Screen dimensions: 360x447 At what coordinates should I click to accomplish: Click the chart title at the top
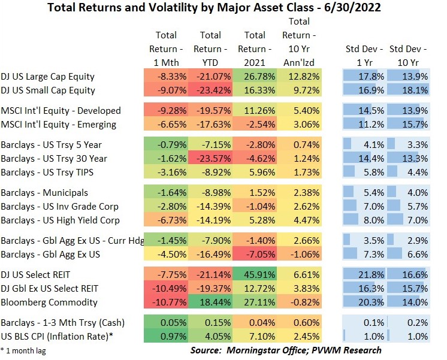pos(223,8)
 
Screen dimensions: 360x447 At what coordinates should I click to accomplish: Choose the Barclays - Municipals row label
pos(45,193)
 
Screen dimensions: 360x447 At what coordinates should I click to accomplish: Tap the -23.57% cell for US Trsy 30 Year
pos(210,159)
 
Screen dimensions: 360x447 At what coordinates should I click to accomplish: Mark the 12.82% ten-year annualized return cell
pos(300,77)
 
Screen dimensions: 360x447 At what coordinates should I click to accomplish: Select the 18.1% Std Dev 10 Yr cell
pos(408,90)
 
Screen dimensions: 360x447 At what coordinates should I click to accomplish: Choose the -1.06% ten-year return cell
pos(300,253)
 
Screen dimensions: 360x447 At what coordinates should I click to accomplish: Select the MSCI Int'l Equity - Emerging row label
pos(52,125)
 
